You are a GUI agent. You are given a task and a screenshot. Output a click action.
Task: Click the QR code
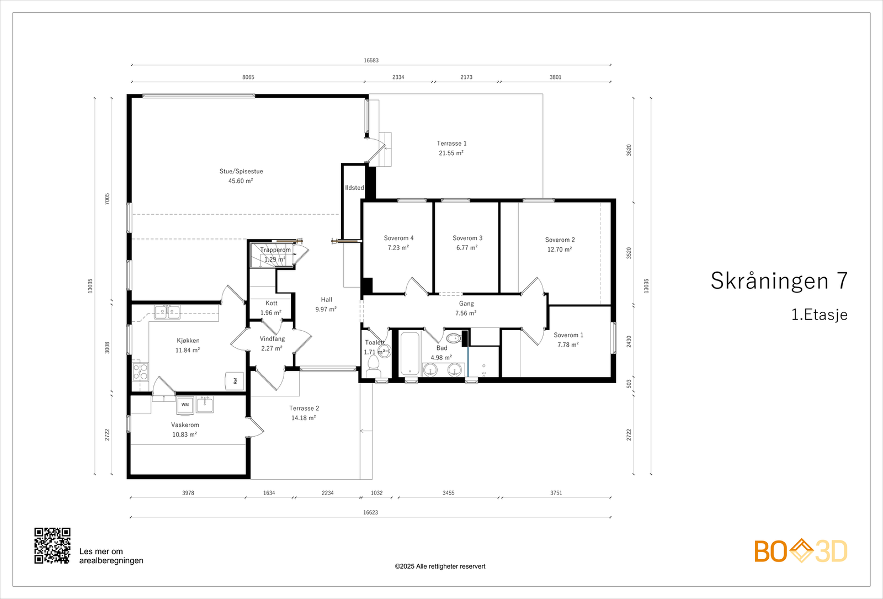(x=52, y=546)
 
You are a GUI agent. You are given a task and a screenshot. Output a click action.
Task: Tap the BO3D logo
(x=801, y=551)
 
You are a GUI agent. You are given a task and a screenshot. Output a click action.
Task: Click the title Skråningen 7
(x=779, y=281)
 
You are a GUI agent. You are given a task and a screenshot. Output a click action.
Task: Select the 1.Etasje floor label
(x=819, y=315)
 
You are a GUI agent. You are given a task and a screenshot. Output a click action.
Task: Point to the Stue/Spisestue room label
(x=241, y=171)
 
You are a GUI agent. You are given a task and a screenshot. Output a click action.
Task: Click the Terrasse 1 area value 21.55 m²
(x=451, y=153)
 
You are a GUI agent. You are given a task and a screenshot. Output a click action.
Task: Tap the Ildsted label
(x=354, y=188)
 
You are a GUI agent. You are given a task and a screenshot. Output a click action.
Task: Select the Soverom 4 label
(x=398, y=238)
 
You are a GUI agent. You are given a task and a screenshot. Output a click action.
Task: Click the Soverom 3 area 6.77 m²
(x=467, y=248)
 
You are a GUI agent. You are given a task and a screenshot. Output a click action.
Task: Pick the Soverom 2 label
(x=560, y=240)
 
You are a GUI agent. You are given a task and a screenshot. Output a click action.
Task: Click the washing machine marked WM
(x=185, y=405)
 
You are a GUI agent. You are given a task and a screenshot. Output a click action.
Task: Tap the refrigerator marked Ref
(x=234, y=381)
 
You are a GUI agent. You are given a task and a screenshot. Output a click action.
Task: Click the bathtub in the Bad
(x=410, y=354)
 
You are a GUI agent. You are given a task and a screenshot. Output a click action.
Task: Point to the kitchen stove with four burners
(x=140, y=372)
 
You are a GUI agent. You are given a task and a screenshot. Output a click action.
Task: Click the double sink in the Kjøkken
(x=167, y=312)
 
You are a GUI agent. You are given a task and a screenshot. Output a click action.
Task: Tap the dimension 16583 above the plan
(x=371, y=60)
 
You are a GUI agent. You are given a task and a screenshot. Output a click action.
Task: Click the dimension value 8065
(x=248, y=77)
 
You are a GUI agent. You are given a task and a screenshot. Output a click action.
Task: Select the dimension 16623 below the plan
(x=370, y=512)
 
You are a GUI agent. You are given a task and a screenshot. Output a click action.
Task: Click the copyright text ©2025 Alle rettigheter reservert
(x=440, y=566)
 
